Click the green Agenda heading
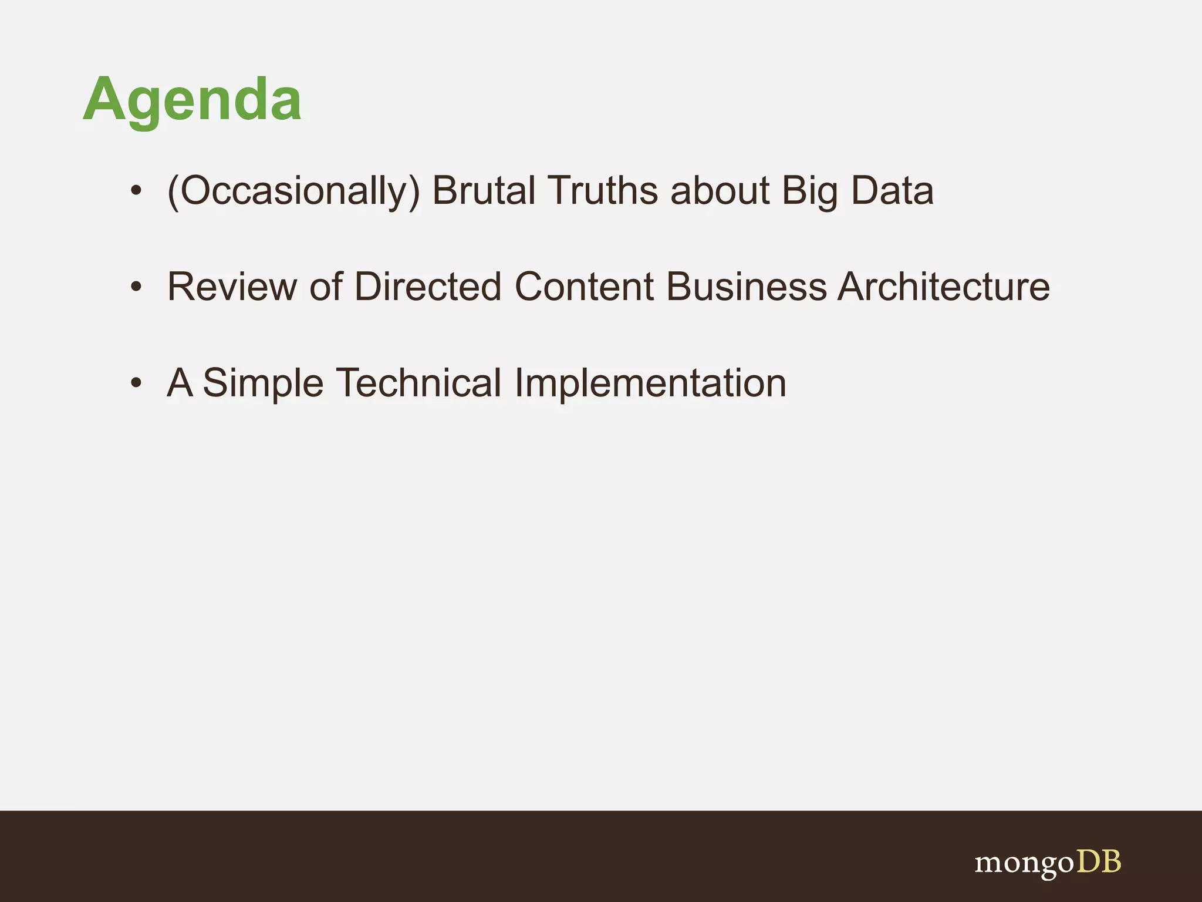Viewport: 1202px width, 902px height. click(192, 100)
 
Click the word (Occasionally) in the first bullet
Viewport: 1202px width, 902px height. click(293, 191)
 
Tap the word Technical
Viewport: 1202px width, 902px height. click(418, 383)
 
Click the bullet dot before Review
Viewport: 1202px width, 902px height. click(136, 287)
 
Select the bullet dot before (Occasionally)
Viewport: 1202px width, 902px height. click(136, 191)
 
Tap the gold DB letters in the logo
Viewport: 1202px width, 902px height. click(1098, 861)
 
